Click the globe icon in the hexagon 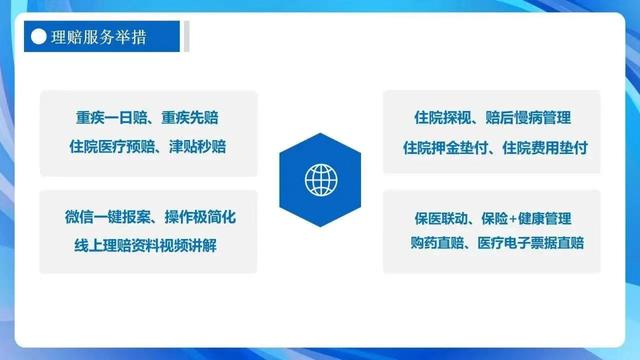[320, 180]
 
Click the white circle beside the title [39, 37]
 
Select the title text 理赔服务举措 [100, 37]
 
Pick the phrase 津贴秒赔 [199, 147]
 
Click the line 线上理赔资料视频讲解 [149, 245]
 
